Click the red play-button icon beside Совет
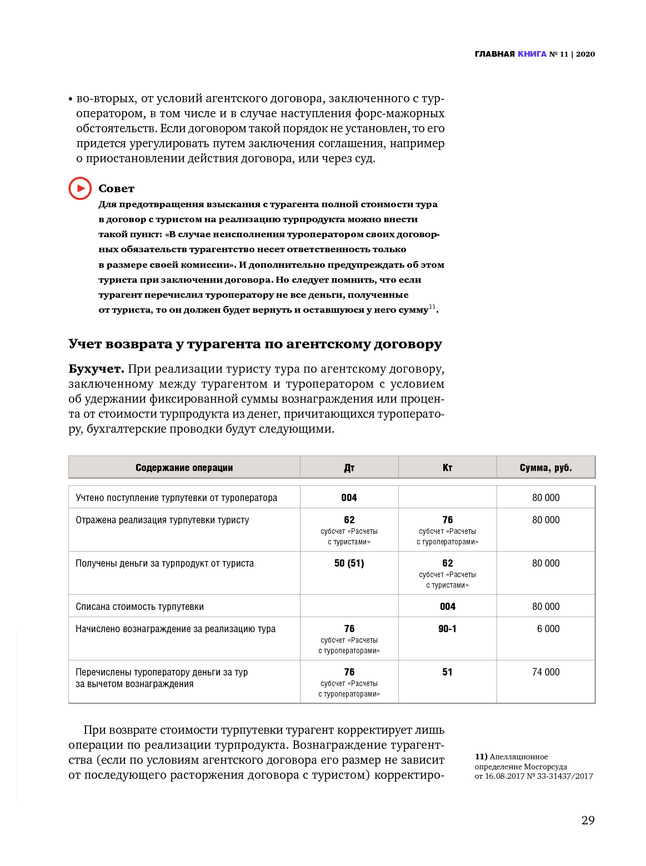click(80, 188)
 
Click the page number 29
click(588, 820)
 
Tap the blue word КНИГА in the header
click(532, 54)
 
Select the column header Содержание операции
click(184, 468)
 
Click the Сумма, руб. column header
click(545, 468)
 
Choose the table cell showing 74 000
click(545, 672)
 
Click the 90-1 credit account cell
click(447, 629)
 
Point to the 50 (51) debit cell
click(349, 563)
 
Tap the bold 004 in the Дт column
click(349, 498)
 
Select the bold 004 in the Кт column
click(447, 607)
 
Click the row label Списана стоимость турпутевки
click(139, 607)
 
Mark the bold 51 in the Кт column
click(447, 672)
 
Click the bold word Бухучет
click(96, 369)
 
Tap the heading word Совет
click(116, 188)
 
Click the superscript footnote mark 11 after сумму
click(432, 307)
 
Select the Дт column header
click(349, 468)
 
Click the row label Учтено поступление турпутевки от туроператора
click(176, 498)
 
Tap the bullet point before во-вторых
click(71, 99)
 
